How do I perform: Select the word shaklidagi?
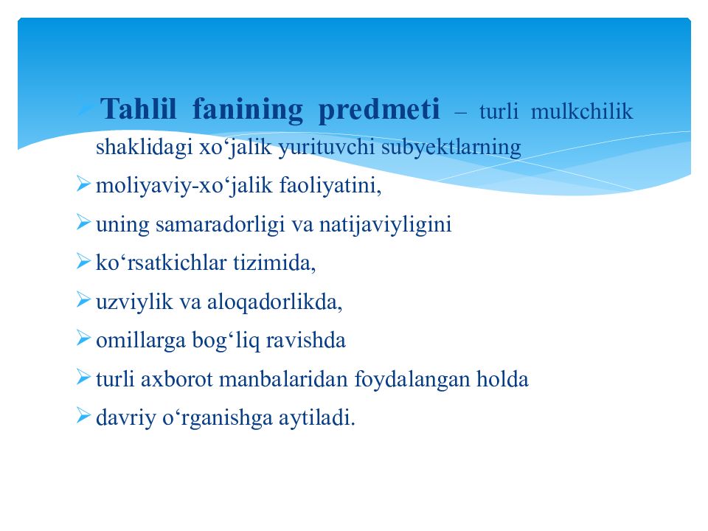click(x=143, y=147)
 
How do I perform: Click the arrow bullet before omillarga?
click(x=83, y=338)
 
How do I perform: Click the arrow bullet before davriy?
click(x=83, y=416)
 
